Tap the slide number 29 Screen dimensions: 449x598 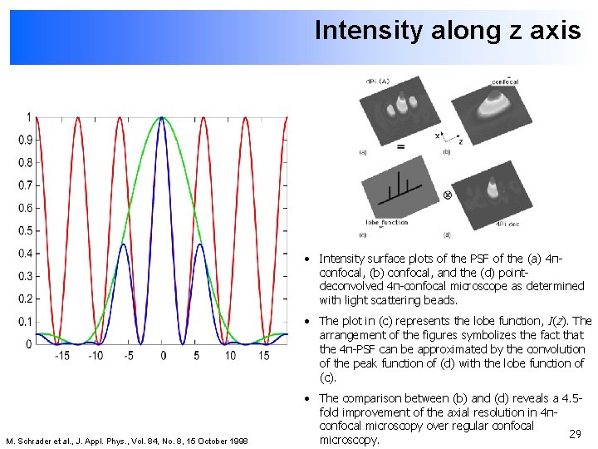[574, 434]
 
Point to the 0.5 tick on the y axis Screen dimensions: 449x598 [27, 231]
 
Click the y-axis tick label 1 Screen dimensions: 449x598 [30, 117]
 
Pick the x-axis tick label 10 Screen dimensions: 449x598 [230, 355]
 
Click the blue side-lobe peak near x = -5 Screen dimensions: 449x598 [123, 244]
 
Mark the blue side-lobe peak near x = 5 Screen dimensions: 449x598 [203, 244]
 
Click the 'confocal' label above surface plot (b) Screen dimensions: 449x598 [505, 81]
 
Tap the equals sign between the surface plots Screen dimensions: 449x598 [401, 146]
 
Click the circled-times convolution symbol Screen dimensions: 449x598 [448, 195]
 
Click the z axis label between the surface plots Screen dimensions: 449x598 [460, 142]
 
